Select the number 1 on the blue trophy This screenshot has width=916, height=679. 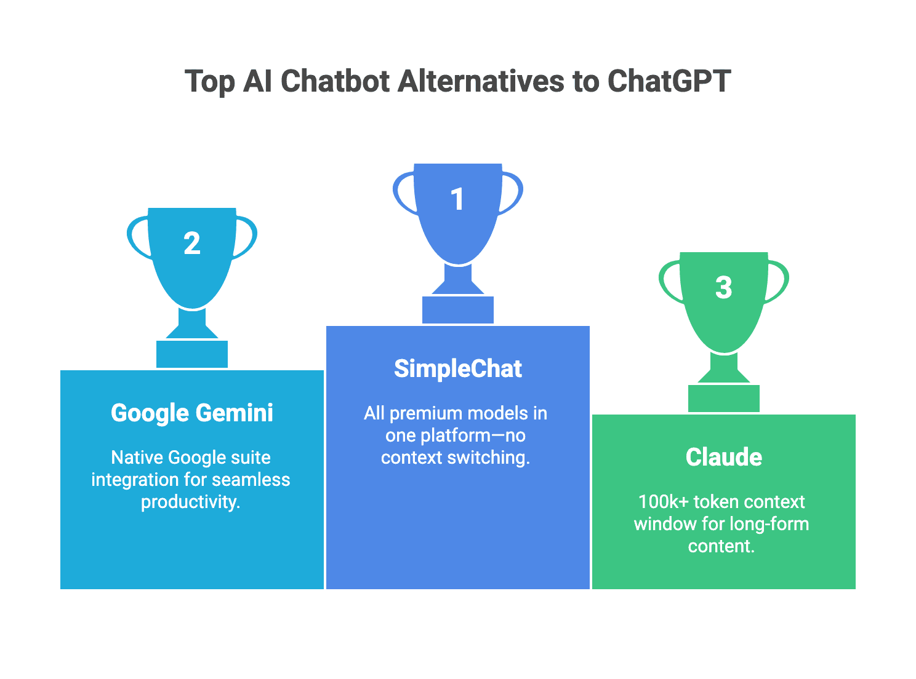point(457,199)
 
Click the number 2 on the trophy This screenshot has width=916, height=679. point(192,244)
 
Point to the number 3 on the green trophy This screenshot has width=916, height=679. point(724,288)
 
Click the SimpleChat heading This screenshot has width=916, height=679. point(457,369)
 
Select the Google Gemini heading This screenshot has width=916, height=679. point(192,413)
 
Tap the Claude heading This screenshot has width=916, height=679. point(724,458)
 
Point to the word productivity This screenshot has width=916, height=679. point(190,502)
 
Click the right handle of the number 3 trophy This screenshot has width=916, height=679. point(779,282)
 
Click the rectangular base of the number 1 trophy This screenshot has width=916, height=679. point(457,310)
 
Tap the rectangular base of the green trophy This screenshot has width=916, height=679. point(724,399)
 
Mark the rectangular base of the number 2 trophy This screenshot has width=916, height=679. point(192,354)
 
